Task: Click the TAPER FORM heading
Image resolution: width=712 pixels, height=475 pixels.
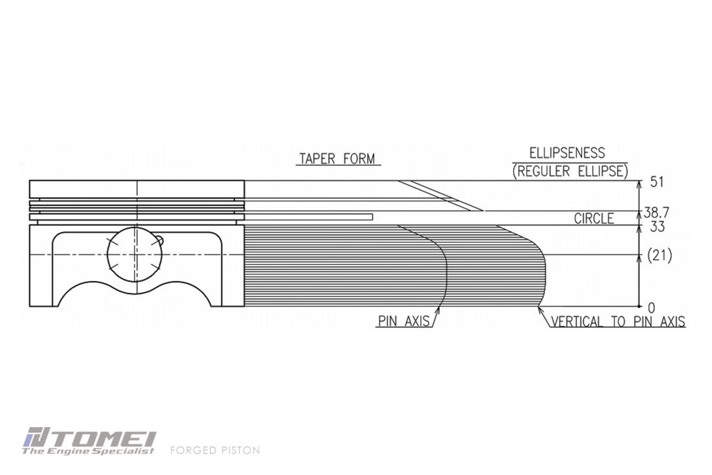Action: point(338,159)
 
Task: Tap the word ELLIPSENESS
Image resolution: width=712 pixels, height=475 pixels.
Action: point(567,152)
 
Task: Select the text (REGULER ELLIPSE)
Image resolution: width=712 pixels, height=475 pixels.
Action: point(570,171)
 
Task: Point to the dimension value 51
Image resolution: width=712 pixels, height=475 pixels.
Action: point(657,182)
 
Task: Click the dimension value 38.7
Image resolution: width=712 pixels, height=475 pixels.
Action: point(656,212)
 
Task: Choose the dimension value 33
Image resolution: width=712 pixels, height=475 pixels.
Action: point(657,226)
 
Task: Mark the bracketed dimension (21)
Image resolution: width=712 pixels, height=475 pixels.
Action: point(659,256)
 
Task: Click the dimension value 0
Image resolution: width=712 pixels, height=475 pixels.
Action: point(652,308)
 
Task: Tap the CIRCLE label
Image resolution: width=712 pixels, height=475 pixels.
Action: point(594,218)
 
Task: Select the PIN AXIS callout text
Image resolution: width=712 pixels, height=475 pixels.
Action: point(404,321)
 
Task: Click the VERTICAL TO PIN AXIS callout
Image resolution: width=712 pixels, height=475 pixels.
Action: point(618,321)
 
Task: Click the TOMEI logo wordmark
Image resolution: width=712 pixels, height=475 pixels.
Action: point(90,437)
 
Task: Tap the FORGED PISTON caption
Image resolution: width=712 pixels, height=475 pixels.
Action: point(216,451)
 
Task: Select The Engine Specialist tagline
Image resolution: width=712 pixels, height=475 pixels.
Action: point(88,451)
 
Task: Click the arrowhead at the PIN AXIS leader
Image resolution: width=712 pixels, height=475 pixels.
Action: point(439,310)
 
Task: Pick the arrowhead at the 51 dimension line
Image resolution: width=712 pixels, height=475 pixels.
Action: point(640,184)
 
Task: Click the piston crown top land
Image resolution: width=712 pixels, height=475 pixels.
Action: point(137,189)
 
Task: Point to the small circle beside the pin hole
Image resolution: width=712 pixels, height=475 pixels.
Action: point(159,240)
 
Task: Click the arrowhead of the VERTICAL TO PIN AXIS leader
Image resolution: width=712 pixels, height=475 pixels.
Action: point(540,310)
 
